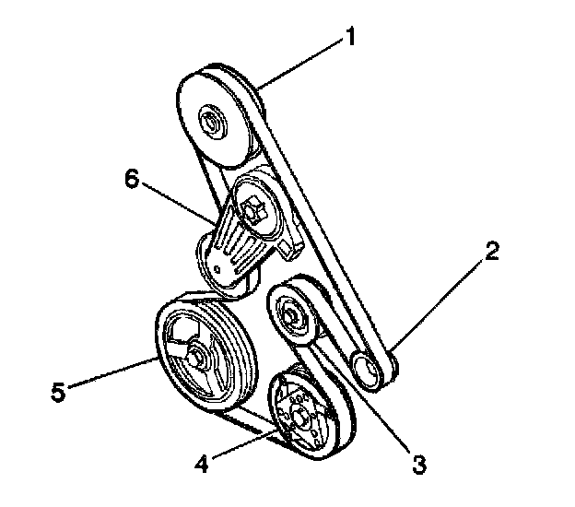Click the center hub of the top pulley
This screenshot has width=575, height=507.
[x=210, y=120]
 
